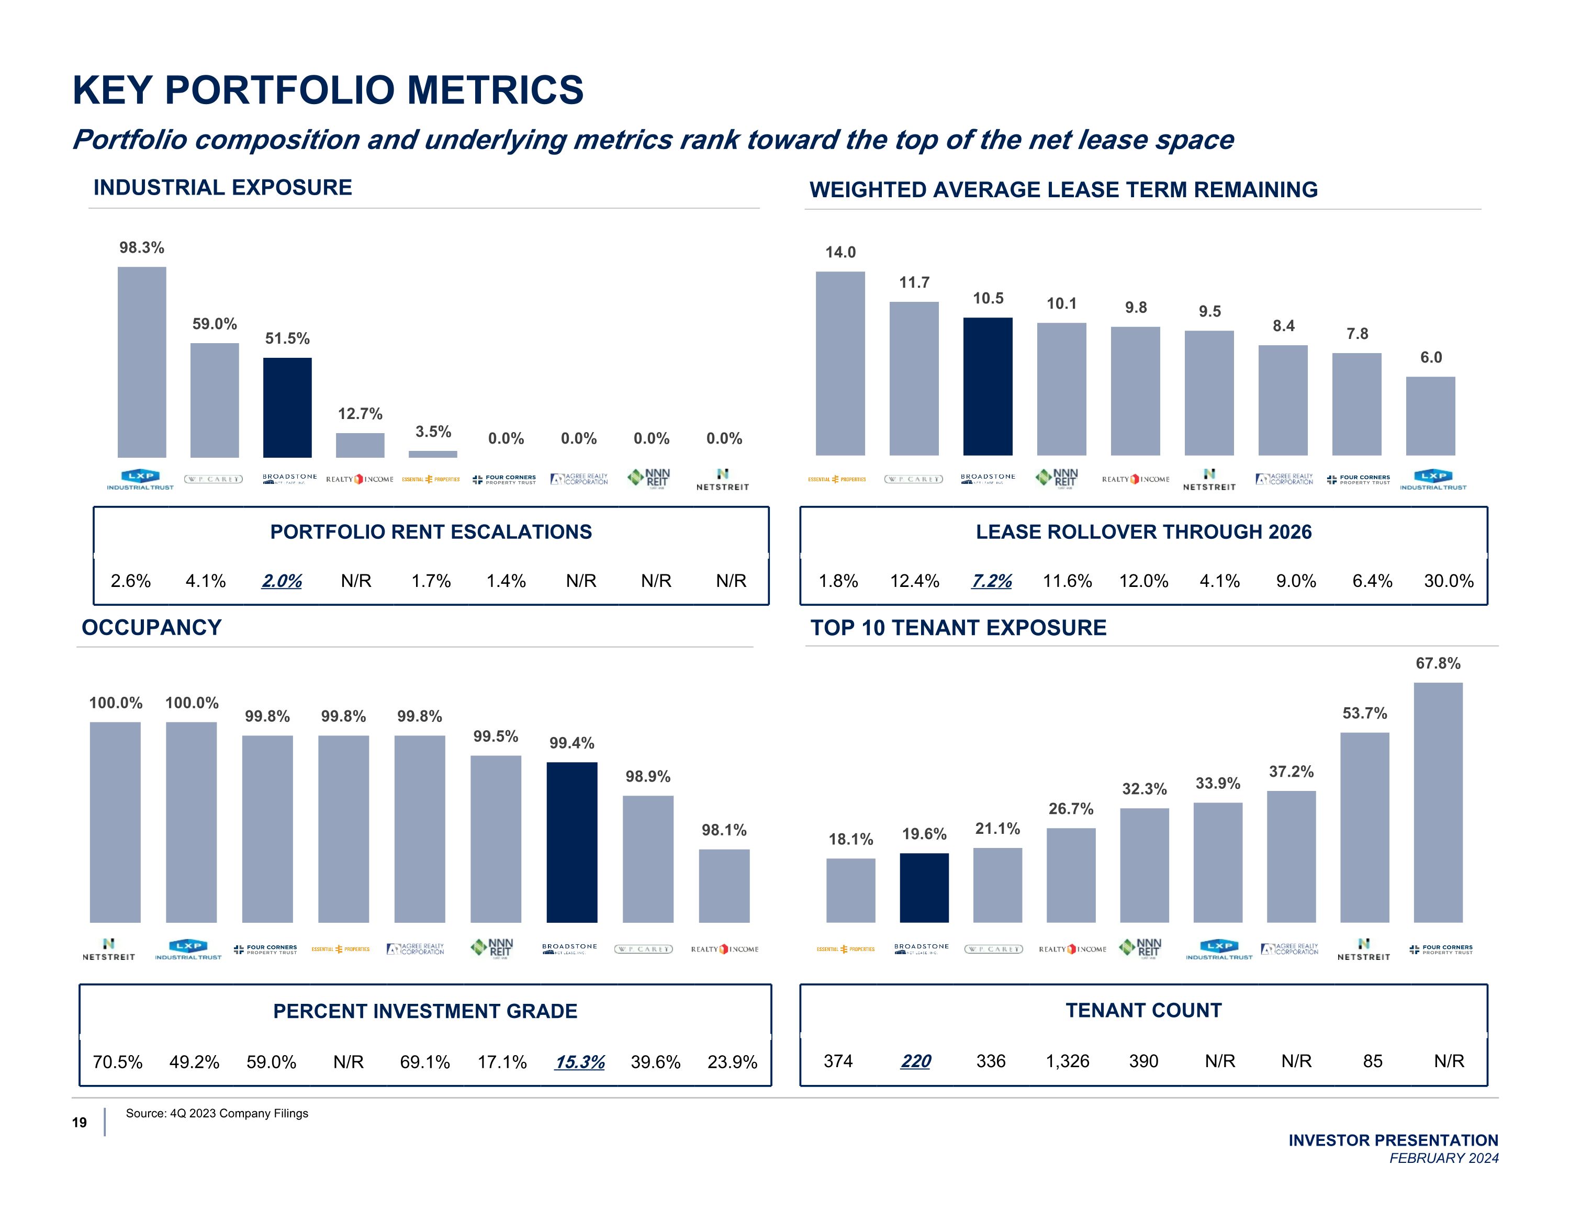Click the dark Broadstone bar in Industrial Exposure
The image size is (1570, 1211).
pyautogui.click(x=287, y=407)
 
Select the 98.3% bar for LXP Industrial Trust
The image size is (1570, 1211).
pyautogui.click(x=142, y=361)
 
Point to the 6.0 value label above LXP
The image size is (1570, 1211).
pyautogui.click(x=1431, y=357)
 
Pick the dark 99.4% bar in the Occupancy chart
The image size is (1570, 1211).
pyautogui.click(x=571, y=842)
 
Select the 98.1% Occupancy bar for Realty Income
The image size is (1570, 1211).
pyautogui.click(x=724, y=886)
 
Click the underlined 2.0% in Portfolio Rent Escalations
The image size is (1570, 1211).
pyautogui.click(x=282, y=581)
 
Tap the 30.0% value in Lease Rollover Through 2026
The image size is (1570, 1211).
pyautogui.click(x=1449, y=581)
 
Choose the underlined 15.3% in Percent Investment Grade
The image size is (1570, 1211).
pyautogui.click(x=579, y=1061)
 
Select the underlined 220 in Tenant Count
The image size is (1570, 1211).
pyautogui.click(x=915, y=1061)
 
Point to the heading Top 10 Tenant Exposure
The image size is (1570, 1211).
pyautogui.click(x=958, y=627)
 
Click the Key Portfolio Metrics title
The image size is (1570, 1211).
pyautogui.click(x=328, y=90)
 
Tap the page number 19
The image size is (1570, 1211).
pyautogui.click(x=79, y=1122)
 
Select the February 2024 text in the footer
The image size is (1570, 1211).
pyautogui.click(x=1443, y=1158)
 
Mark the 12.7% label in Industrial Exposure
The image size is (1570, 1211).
pyautogui.click(x=360, y=413)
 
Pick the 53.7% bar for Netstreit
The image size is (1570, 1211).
pyautogui.click(x=1364, y=827)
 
